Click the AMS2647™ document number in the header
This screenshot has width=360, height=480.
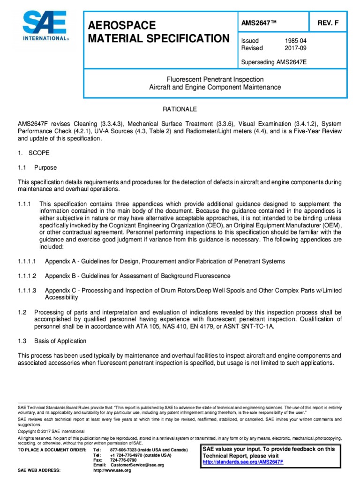(x=258, y=24)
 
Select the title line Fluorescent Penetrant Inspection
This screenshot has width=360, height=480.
(x=215, y=79)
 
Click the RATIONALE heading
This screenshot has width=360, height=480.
(x=180, y=109)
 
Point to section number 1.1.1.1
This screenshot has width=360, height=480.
(x=27, y=261)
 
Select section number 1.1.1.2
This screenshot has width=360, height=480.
(x=27, y=276)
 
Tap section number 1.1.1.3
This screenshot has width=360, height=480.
(x=27, y=290)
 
